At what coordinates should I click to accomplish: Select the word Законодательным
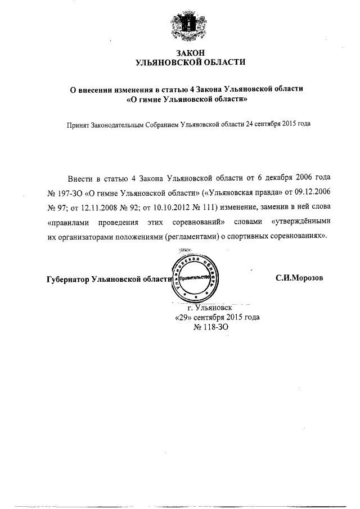point(122,125)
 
